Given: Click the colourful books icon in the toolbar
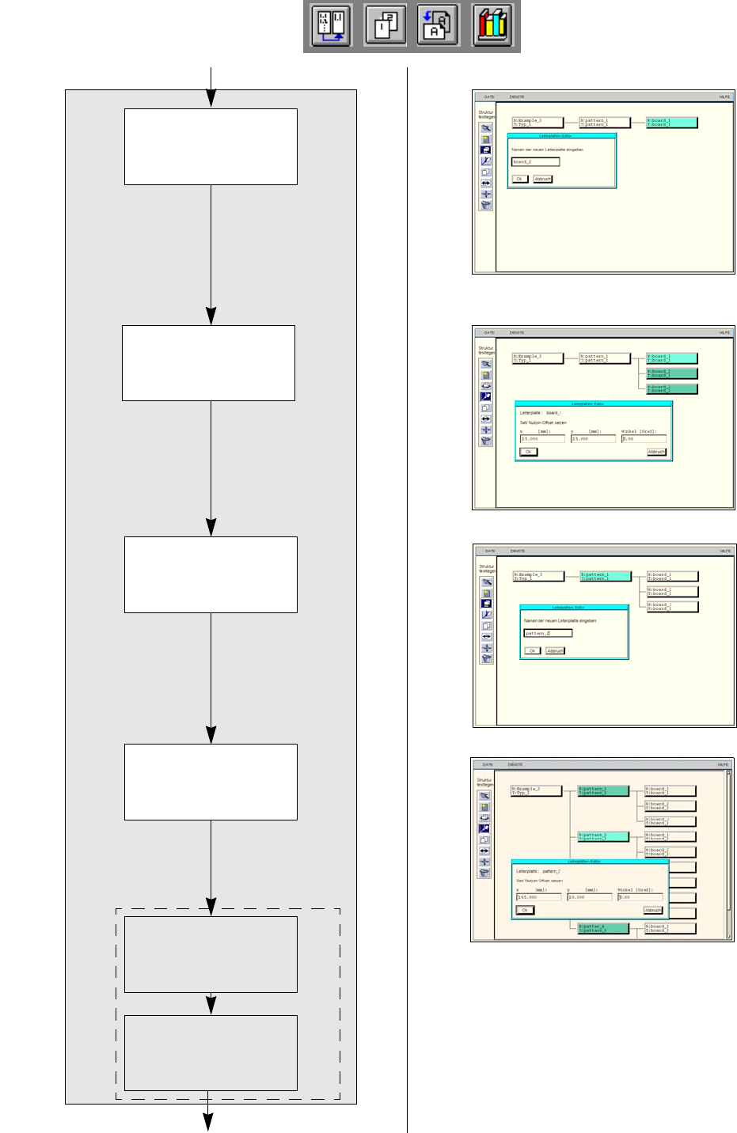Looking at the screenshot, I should [492, 26].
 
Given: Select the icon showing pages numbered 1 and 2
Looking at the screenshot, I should [386, 26].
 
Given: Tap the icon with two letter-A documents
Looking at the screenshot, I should [438, 26].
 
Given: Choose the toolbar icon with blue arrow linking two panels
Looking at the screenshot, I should [332, 26].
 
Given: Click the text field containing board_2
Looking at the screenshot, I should [535, 161].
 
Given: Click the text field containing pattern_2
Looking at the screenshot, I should [548, 633].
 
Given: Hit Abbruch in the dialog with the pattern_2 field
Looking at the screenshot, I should [555, 650].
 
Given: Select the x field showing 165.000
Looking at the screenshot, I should [538, 897].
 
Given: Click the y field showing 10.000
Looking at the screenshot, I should [589, 897].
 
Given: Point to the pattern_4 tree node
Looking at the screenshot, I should [603, 928].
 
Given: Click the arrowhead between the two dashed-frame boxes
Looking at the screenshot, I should [211, 1006].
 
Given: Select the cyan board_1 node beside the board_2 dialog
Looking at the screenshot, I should [671, 123].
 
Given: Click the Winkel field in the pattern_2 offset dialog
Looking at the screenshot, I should [640, 897].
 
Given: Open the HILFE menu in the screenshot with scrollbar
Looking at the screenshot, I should [722, 765].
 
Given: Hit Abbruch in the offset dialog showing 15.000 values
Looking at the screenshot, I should [656, 452].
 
